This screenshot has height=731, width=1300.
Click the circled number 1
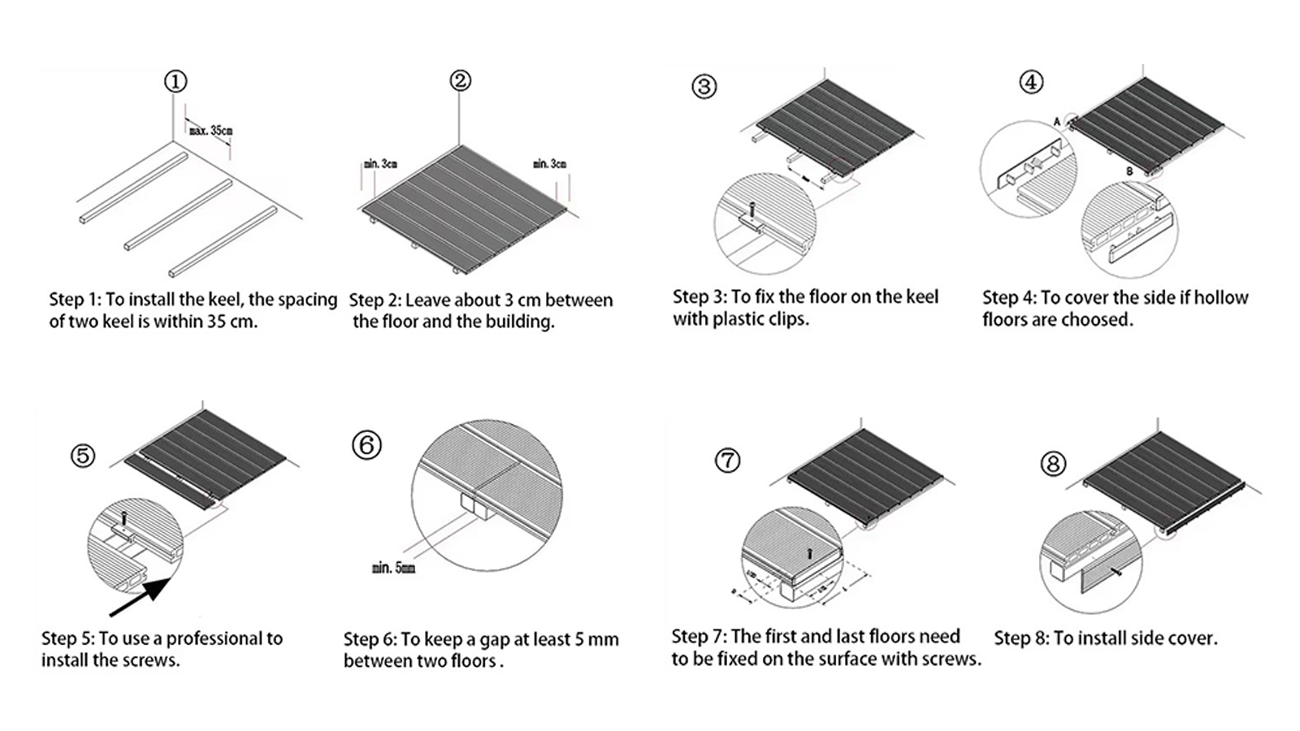(175, 81)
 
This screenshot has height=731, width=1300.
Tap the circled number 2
(460, 80)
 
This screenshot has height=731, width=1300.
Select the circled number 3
(704, 86)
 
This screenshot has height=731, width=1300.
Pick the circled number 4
(1031, 82)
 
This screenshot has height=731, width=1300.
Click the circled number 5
(83, 456)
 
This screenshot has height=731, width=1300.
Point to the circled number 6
(366, 445)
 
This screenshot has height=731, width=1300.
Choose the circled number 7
(727, 461)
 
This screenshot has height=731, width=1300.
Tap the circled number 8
(1053, 464)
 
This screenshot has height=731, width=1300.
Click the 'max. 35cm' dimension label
(210, 130)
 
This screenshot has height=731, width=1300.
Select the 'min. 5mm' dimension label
(393, 568)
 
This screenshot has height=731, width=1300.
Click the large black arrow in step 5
(141, 594)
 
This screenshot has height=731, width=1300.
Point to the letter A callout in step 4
(1057, 121)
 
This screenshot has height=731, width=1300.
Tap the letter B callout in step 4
(1129, 172)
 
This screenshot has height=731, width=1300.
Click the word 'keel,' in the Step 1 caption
(223, 300)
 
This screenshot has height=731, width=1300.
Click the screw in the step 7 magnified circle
(810, 551)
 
